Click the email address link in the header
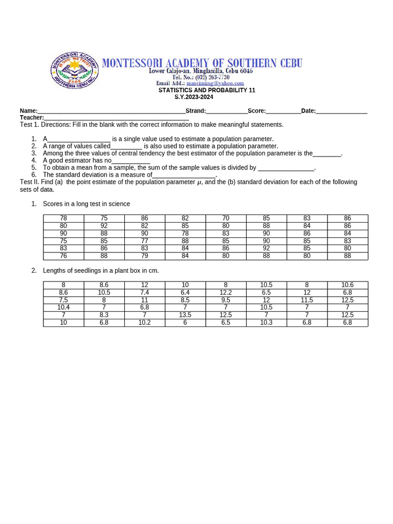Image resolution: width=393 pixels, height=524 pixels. (215, 83)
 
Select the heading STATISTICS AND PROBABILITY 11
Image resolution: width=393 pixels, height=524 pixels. (207, 90)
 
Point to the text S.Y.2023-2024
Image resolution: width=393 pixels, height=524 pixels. (194, 97)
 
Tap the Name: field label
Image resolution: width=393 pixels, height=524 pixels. (29, 111)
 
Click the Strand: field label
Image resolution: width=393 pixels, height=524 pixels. (195, 111)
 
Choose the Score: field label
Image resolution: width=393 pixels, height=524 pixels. (257, 111)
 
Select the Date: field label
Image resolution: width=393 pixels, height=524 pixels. (309, 111)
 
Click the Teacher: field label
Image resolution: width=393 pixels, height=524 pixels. (32, 118)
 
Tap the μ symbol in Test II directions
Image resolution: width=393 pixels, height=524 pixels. (200, 182)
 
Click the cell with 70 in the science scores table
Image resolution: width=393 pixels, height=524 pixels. (226, 218)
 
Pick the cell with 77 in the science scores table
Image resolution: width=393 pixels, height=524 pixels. (145, 241)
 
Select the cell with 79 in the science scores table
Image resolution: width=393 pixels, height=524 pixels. (145, 256)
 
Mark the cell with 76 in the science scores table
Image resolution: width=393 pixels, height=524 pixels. (63, 256)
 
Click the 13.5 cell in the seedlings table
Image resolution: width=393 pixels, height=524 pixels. (185, 315)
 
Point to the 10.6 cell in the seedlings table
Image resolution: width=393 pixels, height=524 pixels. (347, 285)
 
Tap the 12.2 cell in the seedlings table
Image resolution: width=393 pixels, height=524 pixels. (226, 293)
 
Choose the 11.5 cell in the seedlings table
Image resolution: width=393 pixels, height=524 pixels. (307, 300)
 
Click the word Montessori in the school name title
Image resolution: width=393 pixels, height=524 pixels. (134, 63)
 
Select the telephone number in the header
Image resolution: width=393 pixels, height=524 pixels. (201, 77)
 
